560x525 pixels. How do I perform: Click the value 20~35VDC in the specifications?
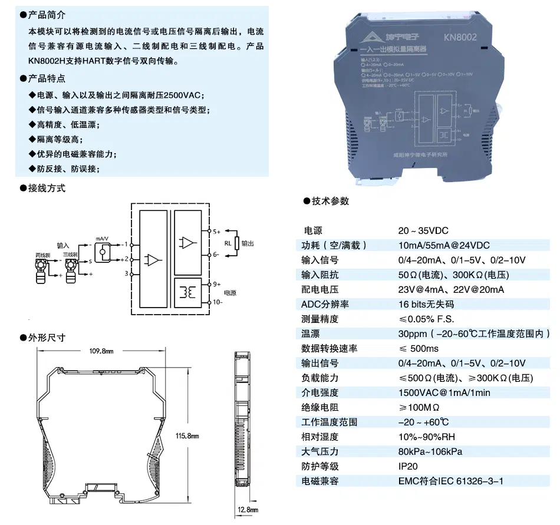(423, 230)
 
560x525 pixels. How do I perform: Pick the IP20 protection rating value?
(409, 466)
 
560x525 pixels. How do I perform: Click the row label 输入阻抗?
(320, 275)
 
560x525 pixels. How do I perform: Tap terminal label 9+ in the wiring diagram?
(217, 284)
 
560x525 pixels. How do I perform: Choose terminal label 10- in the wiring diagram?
(218, 302)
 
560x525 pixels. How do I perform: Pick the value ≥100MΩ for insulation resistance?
(419, 407)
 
